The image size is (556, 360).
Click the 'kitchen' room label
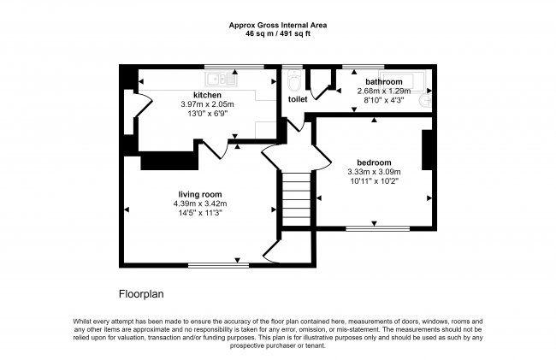point(207,95)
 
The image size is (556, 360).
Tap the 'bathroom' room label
point(384,82)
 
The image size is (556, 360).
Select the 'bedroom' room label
point(374,162)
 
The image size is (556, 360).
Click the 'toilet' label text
point(297,99)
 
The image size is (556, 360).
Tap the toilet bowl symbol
point(295,82)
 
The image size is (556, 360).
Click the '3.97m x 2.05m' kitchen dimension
point(207,104)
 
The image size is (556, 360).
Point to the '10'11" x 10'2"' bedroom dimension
point(374,181)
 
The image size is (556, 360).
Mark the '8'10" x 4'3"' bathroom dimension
point(384,100)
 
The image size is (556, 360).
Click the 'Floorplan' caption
point(142,292)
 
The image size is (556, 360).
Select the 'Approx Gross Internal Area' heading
point(278,25)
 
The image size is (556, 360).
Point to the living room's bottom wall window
point(218,263)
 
